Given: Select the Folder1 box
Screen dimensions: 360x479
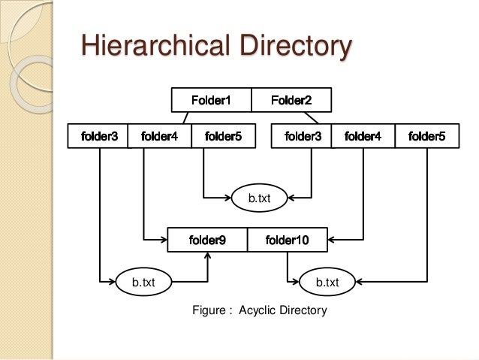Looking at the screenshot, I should (211, 99).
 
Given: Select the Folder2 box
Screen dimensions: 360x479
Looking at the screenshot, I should (291, 99).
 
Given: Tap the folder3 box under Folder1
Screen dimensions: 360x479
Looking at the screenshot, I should (98, 136).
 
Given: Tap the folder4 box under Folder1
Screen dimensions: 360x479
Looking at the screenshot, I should (159, 136).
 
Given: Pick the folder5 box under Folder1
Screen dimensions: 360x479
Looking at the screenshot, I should (222, 136).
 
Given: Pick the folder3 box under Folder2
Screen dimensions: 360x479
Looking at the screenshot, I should (303, 136).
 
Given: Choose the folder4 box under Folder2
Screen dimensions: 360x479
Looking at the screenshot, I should (363, 136).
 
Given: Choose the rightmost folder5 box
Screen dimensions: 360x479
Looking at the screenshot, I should (426, 136).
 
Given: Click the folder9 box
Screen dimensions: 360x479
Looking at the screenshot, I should (207, 240).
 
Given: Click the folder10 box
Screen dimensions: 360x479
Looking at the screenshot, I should (287, 240).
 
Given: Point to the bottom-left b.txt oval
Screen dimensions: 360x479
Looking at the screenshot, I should (143, 283).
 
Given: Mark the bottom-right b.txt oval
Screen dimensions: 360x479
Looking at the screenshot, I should (327, 283).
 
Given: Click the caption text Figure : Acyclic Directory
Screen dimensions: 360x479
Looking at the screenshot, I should (260, 309).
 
